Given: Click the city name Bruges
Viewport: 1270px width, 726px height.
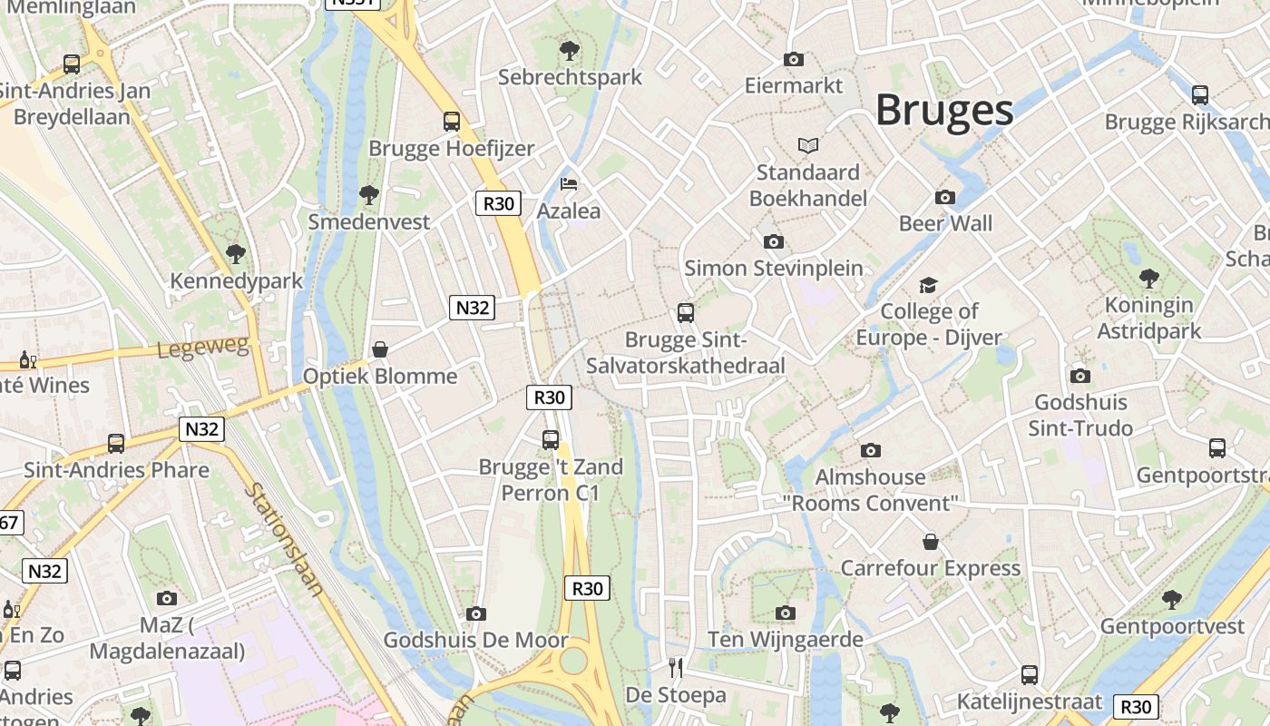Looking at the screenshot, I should (943, 110).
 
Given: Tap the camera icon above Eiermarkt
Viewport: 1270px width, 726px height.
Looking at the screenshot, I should (794, 59).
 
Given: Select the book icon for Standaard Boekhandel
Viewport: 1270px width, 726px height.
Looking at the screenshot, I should (807, 145).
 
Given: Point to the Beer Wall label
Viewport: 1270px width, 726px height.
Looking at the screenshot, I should (945, 223).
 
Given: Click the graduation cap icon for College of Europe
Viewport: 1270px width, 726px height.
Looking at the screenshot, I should (928, 286).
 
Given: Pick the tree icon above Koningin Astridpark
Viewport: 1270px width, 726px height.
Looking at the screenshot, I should (1148, 278).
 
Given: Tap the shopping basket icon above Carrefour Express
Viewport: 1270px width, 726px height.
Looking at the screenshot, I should (931, 542).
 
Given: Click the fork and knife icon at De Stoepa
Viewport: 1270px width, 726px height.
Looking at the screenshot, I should (675, 668).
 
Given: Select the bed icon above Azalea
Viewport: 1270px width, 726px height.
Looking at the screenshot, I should (569, 184).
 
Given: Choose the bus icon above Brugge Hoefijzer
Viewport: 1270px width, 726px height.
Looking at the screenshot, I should (451, 121).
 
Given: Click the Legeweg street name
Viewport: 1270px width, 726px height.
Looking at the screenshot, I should (203, 348).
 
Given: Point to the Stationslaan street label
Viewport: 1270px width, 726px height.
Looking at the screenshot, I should (283, 539).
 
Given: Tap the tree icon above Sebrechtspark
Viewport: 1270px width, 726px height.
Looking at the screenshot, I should (569, 50).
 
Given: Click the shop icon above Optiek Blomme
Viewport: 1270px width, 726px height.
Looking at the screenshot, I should (380, 349).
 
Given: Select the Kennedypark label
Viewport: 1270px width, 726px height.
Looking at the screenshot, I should (237, 281).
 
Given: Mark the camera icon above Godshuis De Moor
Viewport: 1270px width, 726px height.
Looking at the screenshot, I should (475, 613).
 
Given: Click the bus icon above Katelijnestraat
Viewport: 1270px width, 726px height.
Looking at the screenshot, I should (1029, 675).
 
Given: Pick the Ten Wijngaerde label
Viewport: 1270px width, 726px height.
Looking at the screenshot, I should (786, 640).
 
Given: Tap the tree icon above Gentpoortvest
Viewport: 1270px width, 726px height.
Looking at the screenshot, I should (1171, 599).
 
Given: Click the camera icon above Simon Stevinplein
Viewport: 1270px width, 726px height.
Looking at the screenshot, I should (773, 241).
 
